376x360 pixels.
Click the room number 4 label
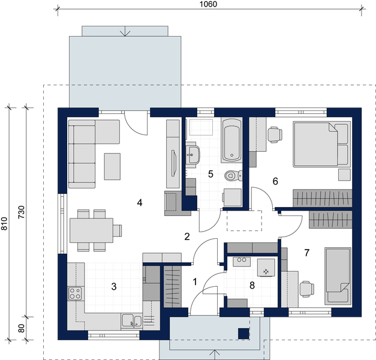click(139, 203)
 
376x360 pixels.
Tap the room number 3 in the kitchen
click(114, 286)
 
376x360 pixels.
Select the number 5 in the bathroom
click(210, 174)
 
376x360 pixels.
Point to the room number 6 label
click(275, 181)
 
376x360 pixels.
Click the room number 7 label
click(306, 253)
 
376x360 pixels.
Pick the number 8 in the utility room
click(252, 286)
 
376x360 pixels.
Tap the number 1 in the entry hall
click(194, 281)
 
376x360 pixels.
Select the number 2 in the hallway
click(187, 236)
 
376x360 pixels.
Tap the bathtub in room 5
click(231, 140)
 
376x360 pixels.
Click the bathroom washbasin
click(194, 154)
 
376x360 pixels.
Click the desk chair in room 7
click(306, 289)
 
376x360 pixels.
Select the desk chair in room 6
click(275, 134)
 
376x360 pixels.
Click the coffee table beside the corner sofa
click(112, 166)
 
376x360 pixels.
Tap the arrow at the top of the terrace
click(125, 32)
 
